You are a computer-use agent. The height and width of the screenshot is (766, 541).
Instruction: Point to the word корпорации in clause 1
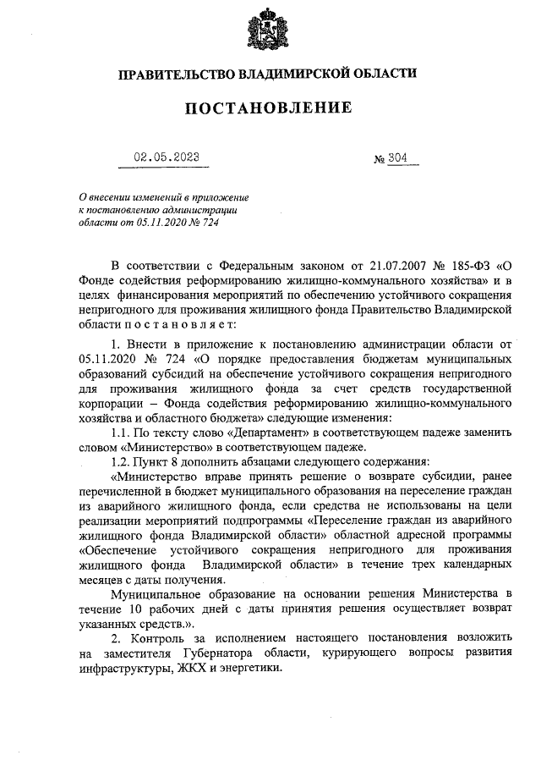click(x=112, y=403)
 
